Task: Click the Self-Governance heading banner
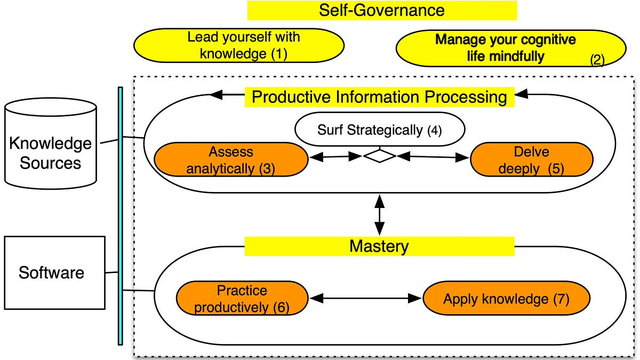tap(382, 11)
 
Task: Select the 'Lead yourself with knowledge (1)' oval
tap(239, 45)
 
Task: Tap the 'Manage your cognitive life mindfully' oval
tap(511, 49)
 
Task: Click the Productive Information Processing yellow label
tap(379, 97)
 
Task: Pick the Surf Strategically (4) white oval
tap(380, 130)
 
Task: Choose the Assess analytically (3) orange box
tap(231, 159)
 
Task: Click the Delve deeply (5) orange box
tap(532, 159)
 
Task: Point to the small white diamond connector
tap(380, 156)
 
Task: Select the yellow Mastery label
tap(379, 246)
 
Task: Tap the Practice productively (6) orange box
tap(242, 298)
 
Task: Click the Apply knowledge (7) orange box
tap(506, 298)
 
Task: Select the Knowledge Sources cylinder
tap(51, 143)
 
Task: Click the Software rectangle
tap(54, 273)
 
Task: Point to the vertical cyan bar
tap(121, 216)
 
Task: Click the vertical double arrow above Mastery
tap(379, 215)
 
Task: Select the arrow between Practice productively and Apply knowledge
tap(365, 298)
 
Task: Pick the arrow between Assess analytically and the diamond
tap(336, 157)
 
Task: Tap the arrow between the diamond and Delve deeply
tap(433, 157)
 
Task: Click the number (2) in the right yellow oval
tap(597, 60)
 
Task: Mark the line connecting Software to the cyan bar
tap(111, 273)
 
